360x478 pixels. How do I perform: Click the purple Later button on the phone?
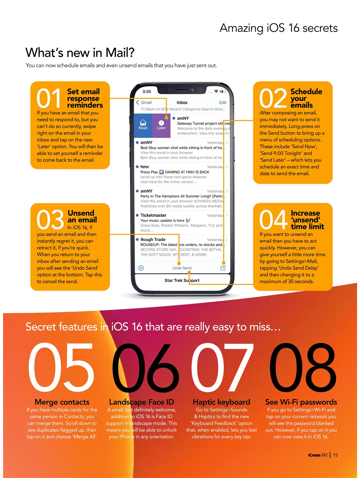[x=161, y=125]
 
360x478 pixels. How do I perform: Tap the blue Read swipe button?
[x=143, y=125]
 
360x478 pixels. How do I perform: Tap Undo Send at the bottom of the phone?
[x=182, y=268]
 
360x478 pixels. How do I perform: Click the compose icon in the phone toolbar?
[x=223, y=268]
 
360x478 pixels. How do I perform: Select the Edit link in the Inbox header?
[x=222, y=103]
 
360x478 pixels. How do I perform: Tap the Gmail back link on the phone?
[x=144, y=103]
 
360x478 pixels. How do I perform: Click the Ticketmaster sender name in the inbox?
[x=153, y=215]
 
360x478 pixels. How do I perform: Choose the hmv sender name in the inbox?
[x=145, y=167]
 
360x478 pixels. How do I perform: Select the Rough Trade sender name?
[x=153, y=240]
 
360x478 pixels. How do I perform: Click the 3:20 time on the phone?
[x=147, y=91]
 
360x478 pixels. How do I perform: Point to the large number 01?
[x=49, y=99]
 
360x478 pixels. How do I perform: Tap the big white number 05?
[x=61, y=367]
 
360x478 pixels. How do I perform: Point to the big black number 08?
[x=303, y=367]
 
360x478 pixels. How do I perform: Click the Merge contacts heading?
[x=62, y=402]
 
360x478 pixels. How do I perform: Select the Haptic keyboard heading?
[x=221, y=402]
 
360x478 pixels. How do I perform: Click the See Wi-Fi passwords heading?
[x=301, y=402]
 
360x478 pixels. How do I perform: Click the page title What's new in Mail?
[x=80, y=53]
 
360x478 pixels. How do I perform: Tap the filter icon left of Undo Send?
[x=141, y=268]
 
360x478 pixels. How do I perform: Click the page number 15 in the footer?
[x=335, y=455]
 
